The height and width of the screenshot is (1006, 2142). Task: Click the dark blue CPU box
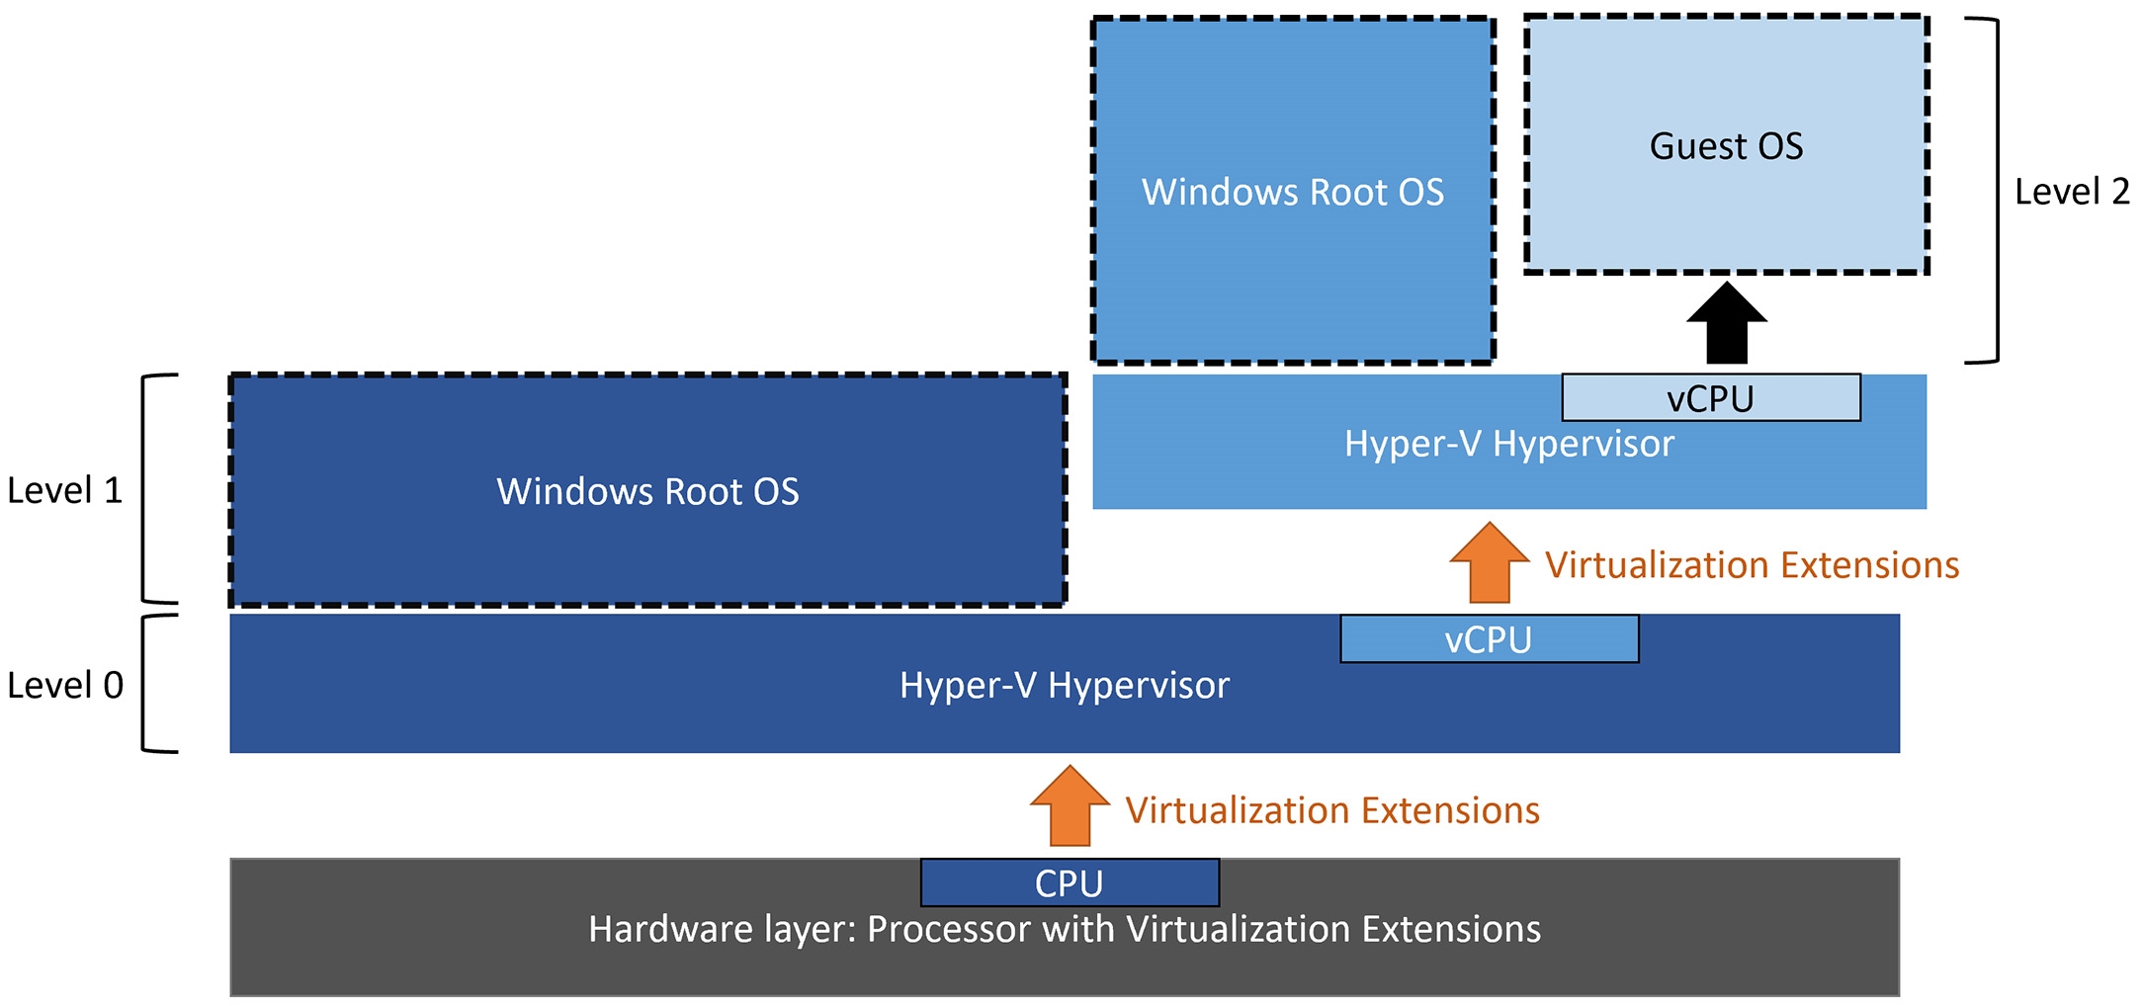[1070, 882]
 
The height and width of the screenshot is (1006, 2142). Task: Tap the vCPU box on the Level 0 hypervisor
[1489, 638]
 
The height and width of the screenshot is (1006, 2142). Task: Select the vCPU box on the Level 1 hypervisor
[1711, 397]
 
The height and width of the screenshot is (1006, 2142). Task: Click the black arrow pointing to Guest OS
[1727, 323]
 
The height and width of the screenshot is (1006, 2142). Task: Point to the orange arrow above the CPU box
[1070, 805]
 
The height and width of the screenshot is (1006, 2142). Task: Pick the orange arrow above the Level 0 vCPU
[1490, 562]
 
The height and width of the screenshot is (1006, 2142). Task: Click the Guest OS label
[1726, 146]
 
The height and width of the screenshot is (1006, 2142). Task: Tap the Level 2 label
[2072, 192]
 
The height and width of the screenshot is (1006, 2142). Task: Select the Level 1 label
[65, 490]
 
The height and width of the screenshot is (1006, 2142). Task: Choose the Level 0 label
[65, 685]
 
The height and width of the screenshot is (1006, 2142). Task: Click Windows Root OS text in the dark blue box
[647, 491]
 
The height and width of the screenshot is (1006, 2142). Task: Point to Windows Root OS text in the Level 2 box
[1293, 192]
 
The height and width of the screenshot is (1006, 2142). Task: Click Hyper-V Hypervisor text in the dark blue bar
[1065, 685]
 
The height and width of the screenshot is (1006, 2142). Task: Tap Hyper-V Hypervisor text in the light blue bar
[1509, 444]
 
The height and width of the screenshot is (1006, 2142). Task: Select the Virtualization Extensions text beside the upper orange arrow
[1752, 565]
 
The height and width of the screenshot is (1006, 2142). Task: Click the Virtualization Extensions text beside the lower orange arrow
[1332, 810]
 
